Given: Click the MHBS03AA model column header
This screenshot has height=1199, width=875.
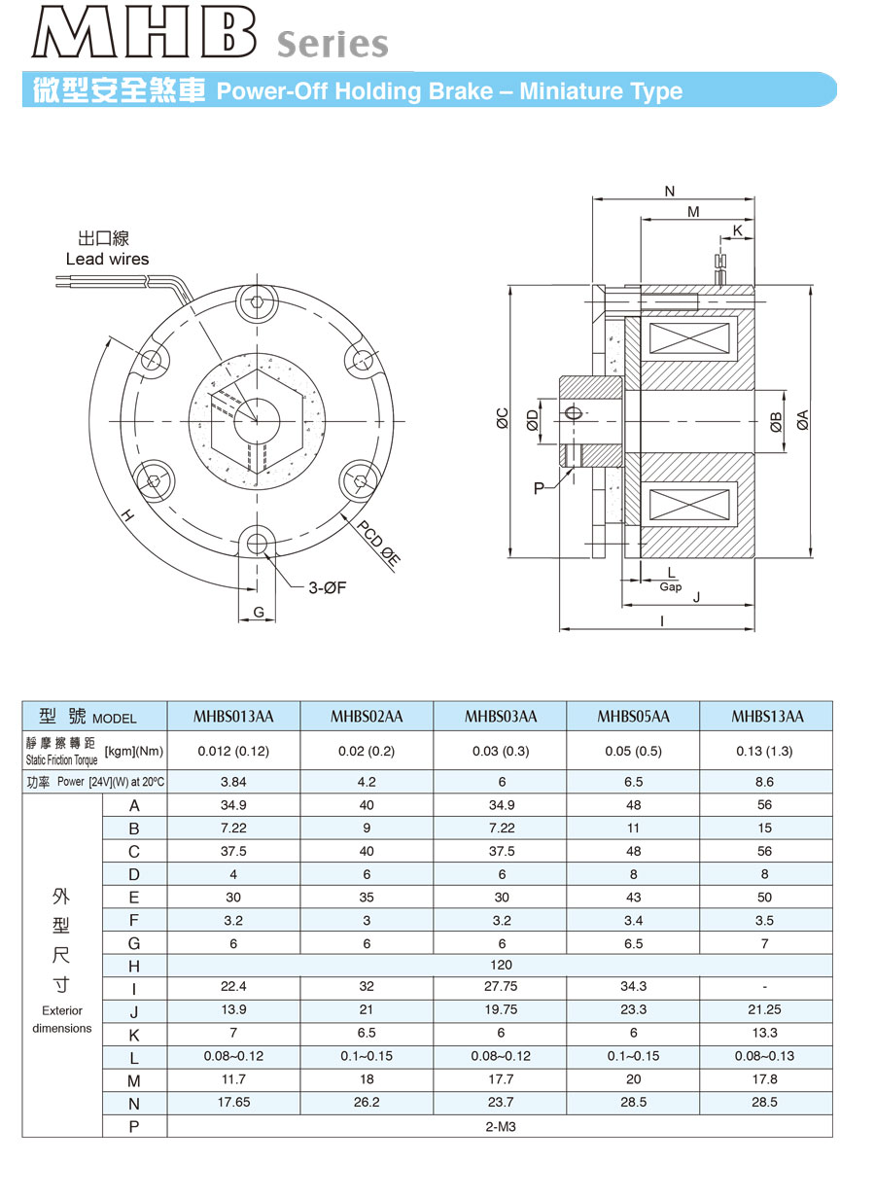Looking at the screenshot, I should (x=500, y=717).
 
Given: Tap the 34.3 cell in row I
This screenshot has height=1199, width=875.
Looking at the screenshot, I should (x=633, y=986).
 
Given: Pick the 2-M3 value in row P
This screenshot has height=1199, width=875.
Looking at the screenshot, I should (x=500, y=1125).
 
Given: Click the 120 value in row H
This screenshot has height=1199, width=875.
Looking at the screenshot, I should (x=500, y=965).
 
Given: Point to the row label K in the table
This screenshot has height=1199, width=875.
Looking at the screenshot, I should (x=134, y=1035).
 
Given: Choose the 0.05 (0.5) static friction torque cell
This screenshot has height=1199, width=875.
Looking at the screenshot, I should (x=633, y=751).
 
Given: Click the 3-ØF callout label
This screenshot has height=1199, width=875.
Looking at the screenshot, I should (x=328, y=587).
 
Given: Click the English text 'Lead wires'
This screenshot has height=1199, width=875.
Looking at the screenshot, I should (x=107, y=259).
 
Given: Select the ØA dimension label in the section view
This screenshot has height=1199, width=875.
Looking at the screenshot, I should (x=802, y=420).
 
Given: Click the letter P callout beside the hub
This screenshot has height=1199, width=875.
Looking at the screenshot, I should (x=540, y=488).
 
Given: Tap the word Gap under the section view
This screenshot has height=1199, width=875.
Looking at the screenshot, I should (x=670, y=586).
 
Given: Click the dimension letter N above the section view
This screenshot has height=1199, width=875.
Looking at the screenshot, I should (x=669, y=192).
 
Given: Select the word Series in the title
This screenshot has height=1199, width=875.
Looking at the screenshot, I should (x=332, y=45).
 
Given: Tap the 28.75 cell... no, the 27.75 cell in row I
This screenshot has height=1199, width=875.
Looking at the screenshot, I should (x=500, y=986).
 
